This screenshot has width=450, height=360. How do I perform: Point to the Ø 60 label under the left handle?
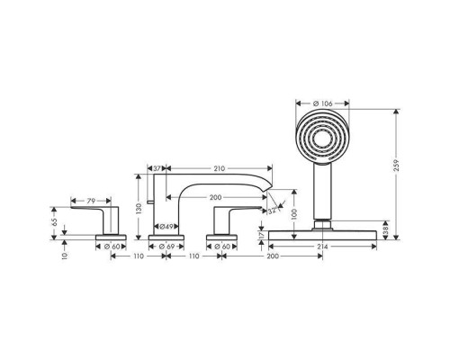(113, 246)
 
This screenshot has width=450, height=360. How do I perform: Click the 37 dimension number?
(157, 168)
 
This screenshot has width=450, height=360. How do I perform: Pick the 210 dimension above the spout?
(220, 168)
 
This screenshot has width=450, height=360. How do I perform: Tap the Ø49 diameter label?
(166, 227)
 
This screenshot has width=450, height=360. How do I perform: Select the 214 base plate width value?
(322, 246)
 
